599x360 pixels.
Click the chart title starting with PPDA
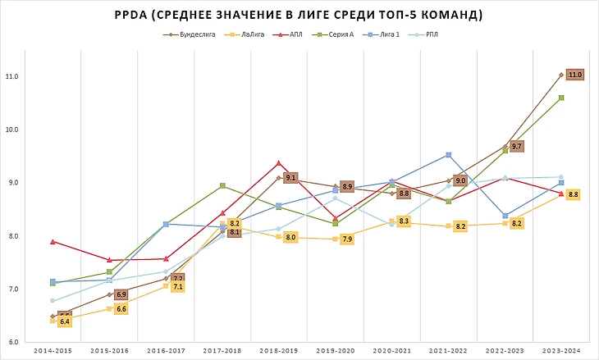click(x=299, y=15)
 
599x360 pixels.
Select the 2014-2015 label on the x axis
click(x=51, y=350)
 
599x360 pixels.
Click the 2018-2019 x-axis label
click(x=277, y=350)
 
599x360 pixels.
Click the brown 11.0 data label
click(x=575, y=75)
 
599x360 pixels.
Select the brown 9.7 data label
click(x=516, y=146)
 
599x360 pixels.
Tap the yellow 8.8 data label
click(x=574, y=195)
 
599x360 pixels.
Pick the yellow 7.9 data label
click(x=347, y=239)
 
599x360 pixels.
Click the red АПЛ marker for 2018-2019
click(x=279, y=163)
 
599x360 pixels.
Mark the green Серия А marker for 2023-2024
click(x=560, y=98)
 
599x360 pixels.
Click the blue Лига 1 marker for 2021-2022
click(x=448, y=155)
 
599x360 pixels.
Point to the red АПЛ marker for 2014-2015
click(x=53, y=242)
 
